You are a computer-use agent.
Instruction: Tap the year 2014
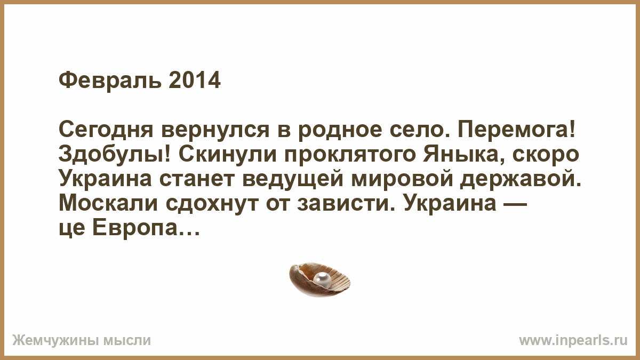[x=195, y=81]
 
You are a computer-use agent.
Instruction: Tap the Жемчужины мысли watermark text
[x=82, y=341]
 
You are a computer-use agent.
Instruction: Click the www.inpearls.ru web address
[x=573, y=341]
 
